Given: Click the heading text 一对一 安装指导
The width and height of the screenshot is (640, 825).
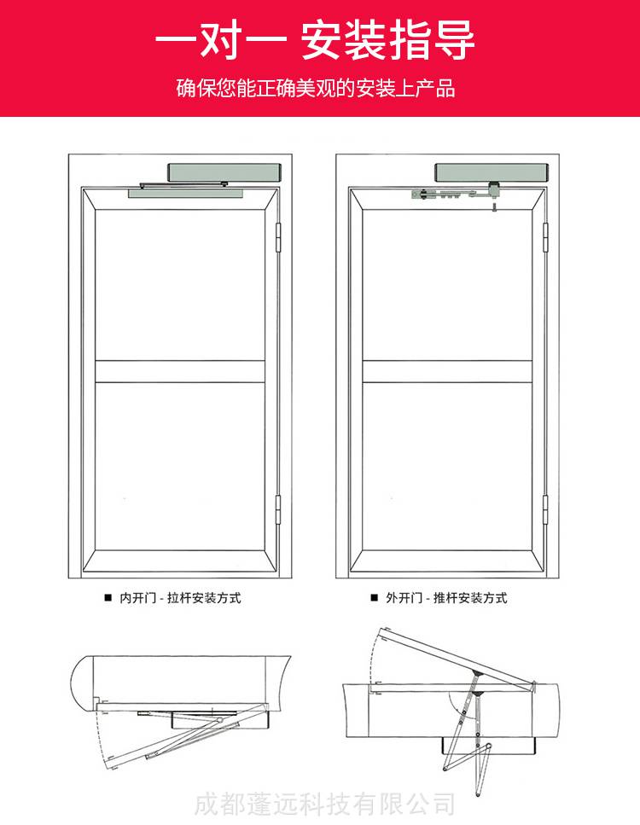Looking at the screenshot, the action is (315, 40).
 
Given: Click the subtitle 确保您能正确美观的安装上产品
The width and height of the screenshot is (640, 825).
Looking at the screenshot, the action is (316, 88).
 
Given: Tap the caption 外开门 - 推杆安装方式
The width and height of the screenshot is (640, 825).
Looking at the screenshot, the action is (446, 598).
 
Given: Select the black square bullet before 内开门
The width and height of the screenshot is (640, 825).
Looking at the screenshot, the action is (108, 598).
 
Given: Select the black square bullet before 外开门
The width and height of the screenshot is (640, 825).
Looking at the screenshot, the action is (375, 598).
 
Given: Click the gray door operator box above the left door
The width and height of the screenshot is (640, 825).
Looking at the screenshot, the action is (224, 172).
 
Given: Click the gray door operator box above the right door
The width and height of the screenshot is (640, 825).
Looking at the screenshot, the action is (492, 172).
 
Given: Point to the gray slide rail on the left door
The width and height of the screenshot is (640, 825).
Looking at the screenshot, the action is (187, 194).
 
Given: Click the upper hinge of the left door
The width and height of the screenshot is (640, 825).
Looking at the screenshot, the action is (278, 237).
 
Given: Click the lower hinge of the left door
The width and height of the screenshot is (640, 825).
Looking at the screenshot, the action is (278, 509).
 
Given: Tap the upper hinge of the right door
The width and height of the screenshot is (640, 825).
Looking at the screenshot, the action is (546, 237).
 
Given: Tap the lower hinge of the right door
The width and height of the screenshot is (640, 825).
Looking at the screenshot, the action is (546, 509).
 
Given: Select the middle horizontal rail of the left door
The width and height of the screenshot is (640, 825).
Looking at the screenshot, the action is (180, 371).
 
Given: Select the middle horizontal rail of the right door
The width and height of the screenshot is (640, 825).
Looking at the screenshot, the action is (447, 371).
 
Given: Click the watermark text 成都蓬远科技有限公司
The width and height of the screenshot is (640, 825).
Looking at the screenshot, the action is (325, 805).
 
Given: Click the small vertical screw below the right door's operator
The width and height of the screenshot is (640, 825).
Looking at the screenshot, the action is (494, 206).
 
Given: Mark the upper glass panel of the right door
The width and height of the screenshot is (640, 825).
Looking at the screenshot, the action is (447, 285).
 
